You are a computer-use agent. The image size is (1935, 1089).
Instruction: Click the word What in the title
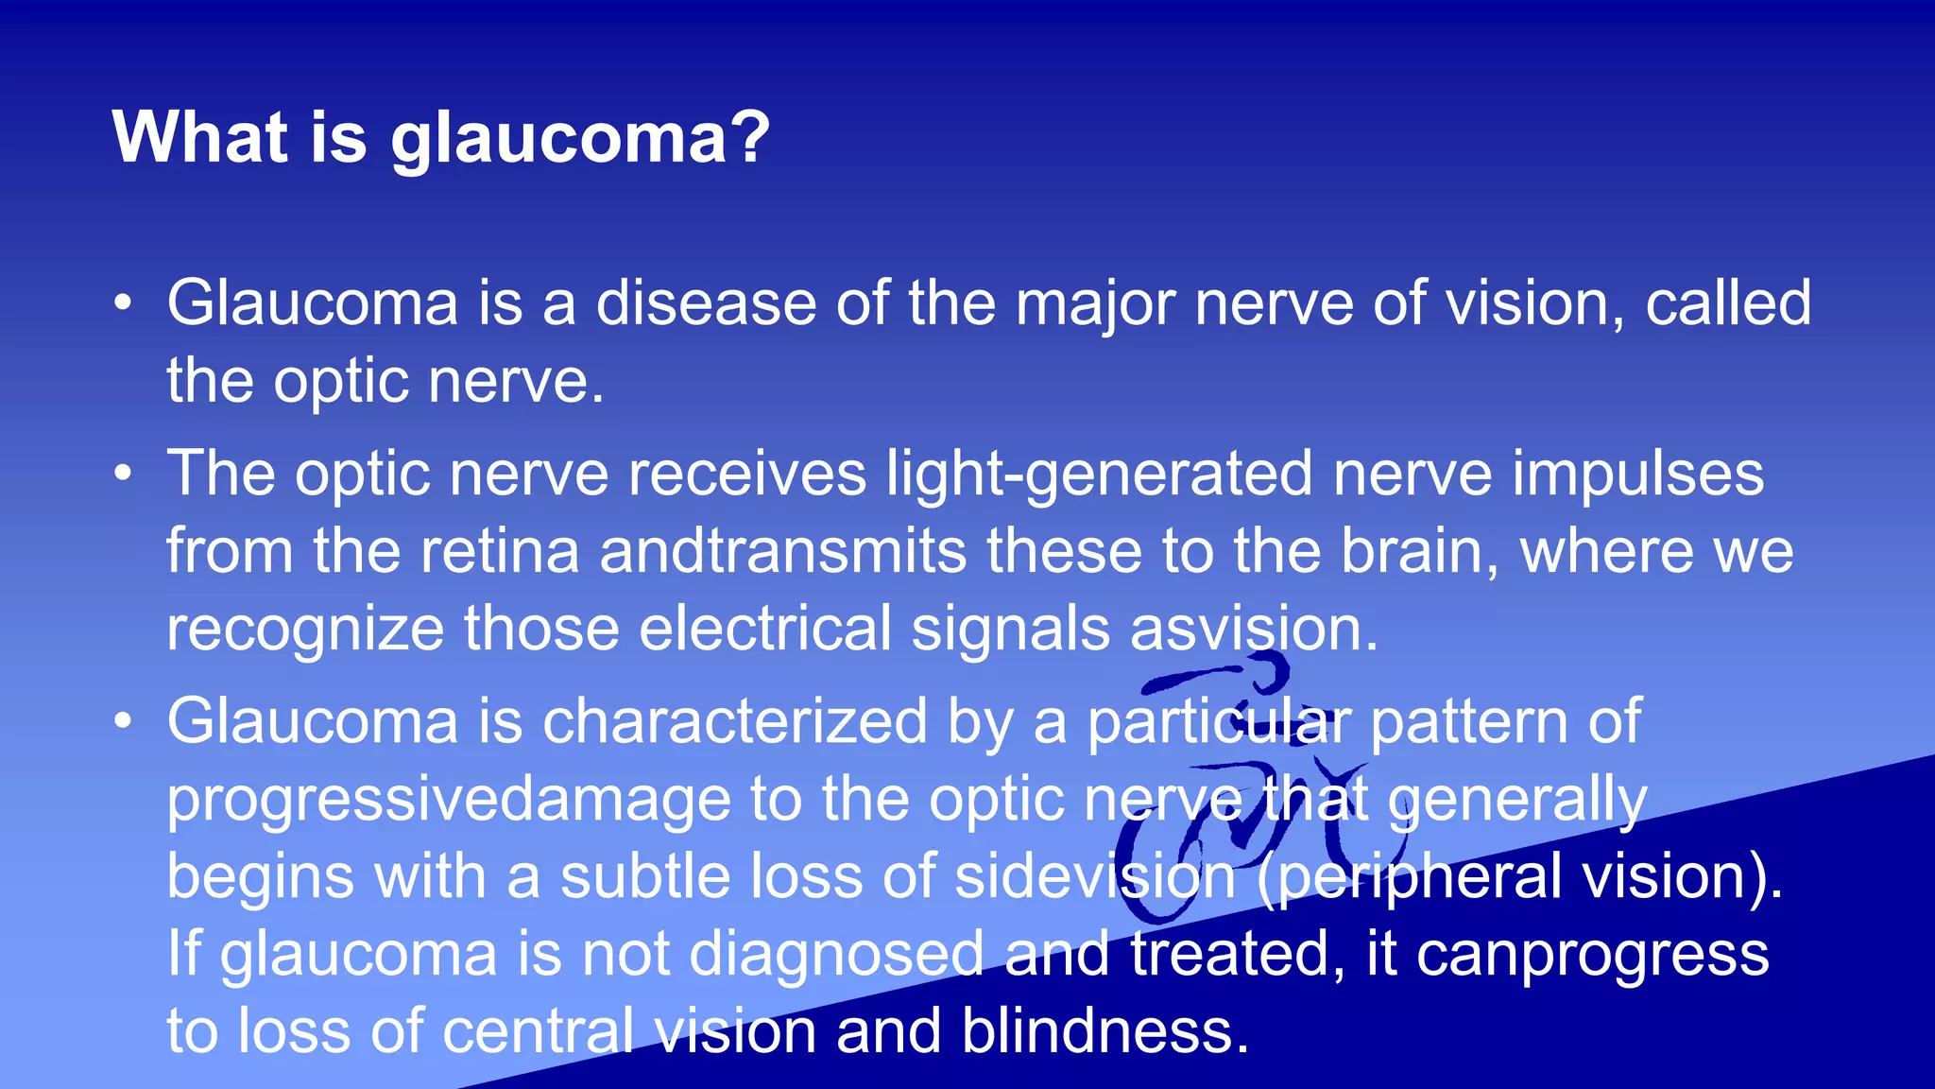pos(199,138)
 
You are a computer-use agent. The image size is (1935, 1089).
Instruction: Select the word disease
pos(706,303)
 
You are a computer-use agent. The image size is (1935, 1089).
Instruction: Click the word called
pos(1728,303)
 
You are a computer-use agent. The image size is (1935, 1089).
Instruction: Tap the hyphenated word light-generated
pos(1100,474)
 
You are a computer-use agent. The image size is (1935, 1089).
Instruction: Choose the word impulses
pos(1637,474)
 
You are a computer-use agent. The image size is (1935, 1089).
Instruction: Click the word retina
pos(500,551)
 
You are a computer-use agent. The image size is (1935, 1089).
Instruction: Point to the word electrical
pos(764,629)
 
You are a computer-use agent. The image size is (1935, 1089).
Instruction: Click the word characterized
pos(734,721)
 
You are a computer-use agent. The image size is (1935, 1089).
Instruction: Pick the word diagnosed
pos(836,954)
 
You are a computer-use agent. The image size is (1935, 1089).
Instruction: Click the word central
pos(538,1031)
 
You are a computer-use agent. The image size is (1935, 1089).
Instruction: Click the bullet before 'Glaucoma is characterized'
pos(123,721)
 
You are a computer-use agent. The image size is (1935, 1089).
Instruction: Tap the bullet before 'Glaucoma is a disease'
pos(123,303)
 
